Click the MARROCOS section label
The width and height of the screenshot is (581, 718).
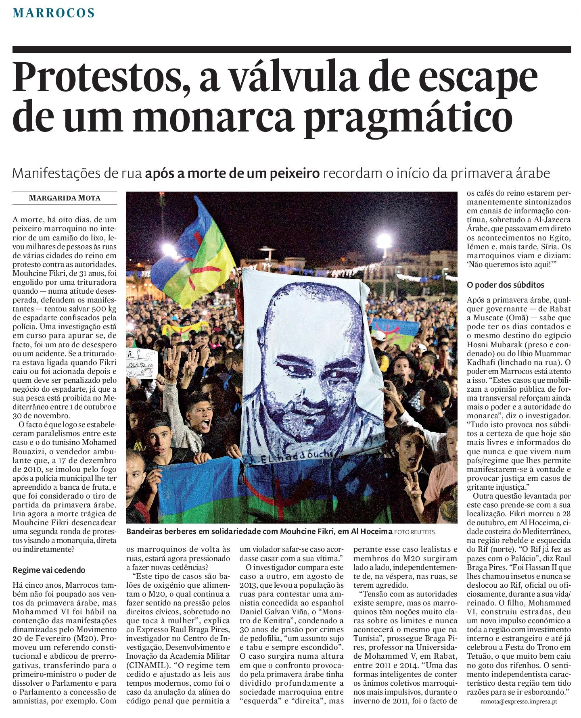click(x=54, y=13)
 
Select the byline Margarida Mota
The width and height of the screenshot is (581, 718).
click(x=65, y=198)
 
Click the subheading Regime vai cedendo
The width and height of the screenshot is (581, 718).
click(x=49, y=570)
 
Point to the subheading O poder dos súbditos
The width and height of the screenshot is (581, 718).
click(x=505, y=285)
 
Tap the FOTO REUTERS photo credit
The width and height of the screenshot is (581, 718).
click(x=414, y=532)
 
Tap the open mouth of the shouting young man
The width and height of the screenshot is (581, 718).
click(x=206, y=424)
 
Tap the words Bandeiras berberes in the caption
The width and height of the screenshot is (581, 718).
click(x=161, y=532)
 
